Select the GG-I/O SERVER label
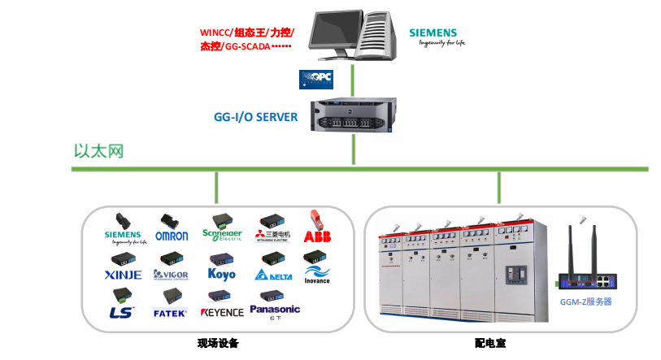[x=255, y=117]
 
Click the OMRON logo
[x=172, y=236]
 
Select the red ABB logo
[x=316, y=236]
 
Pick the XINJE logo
[x=123, y=275]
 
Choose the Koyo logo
[x=221, y=275]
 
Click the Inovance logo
[x=316, y=280]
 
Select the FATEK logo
[x=170, y=312]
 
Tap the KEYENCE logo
[x=221, y=312]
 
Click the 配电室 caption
[x=490, y=344]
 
